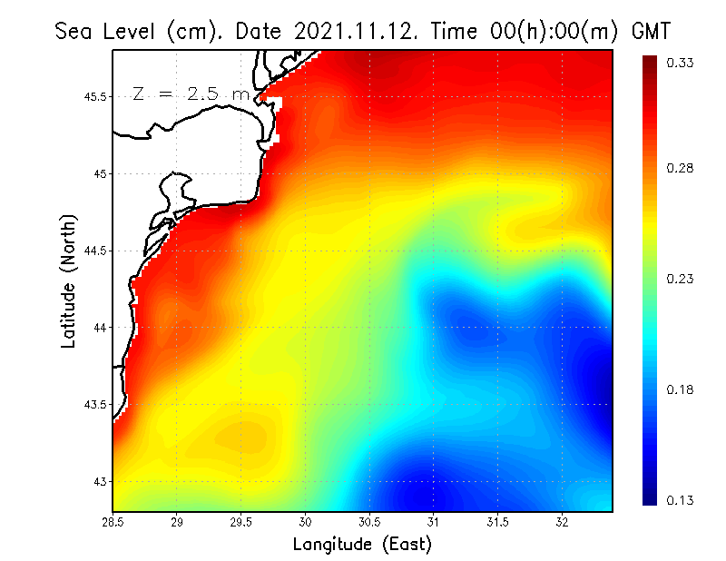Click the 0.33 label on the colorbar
pyautogui.click(x=682, y=63)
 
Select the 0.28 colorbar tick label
pyautogui.click(x=682, y=169)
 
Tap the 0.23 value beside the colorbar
pyautogui.click(x=682, y=279)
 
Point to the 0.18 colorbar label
pyautogui.click(x=682, y=389)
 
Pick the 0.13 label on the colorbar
pyautogui.click(x=682, y=500)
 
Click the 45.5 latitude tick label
pyautogui.click(x=94, y=97)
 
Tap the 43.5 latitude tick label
pyautogui.click(x=94, y=404)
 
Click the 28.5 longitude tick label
pyautogui.click(x=113, y=522)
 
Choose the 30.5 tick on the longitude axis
pyautogui.click(x=369, y=522)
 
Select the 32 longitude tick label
pyautogui.click(x=562, y=522)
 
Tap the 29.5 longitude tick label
pyautogui.click(x=241, y=522)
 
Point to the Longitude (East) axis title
pyautogui.click(x=362, y=545)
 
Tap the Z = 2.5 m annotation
pyautogui.click(x=191, y=94)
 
